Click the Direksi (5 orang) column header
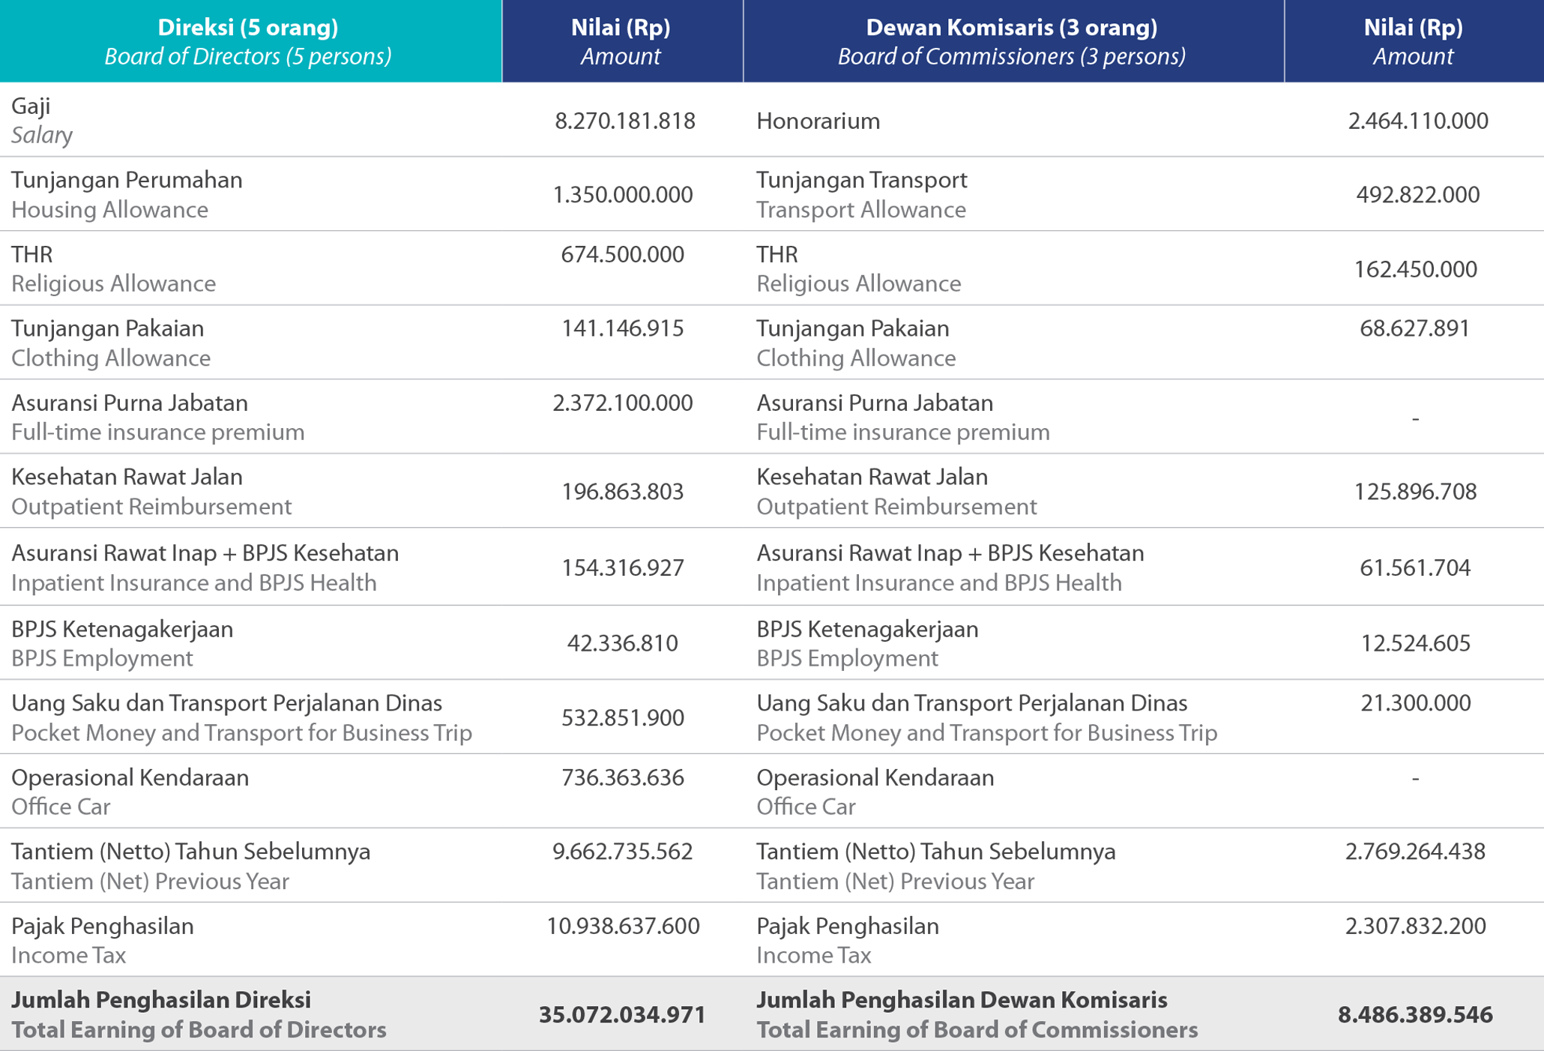coord(248,28)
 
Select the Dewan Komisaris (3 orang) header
coord(1012,28)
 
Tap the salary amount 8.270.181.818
coord(625,121)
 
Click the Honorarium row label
coord(818,121)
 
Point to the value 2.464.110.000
coord(1418,121)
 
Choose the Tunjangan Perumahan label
coord(127,180)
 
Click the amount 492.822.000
coord(1418,195)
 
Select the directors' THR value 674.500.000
coord(623,254)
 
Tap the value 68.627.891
coord(1415,328)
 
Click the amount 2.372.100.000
coord(623,403)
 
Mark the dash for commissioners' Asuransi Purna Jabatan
coord(1415,418)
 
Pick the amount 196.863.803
coord(623,492)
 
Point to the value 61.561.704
coord(1415,568)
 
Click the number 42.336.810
coord(623,643)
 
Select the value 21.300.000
coord(1415,703)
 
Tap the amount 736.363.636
coord(623,777)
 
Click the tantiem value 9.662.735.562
coord(623,852)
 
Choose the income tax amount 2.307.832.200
coord(1415,926)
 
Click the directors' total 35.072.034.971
coord(623,1015)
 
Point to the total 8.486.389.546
coord(1415,1015)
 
